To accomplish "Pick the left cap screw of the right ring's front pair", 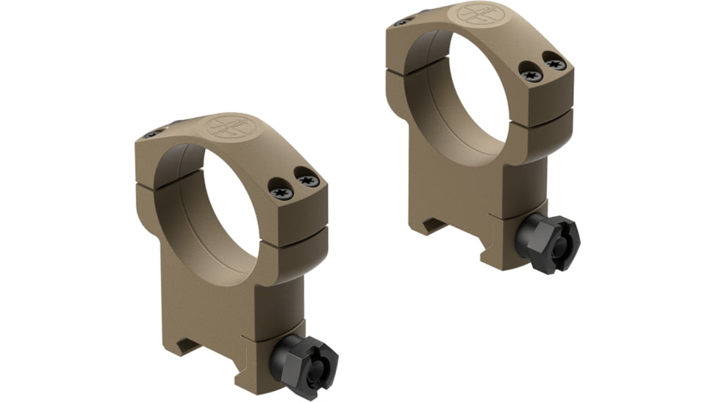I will [x=532, y=73].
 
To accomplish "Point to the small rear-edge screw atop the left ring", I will [x=153, y=133].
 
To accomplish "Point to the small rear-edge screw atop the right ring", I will [x=400, y=22].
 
